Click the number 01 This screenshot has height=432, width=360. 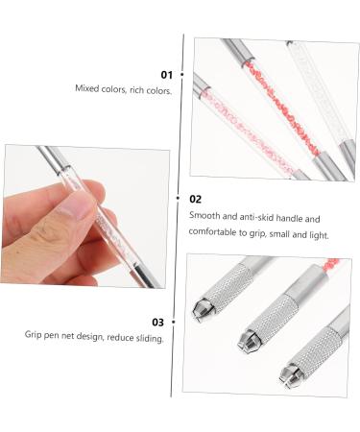point(166,74)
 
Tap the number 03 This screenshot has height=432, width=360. point(158,323)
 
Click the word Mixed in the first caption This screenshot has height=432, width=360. point(87,88)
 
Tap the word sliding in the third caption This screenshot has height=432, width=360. point(147,337)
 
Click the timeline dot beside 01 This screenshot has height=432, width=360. point(181,74)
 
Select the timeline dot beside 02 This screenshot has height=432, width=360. point(181,200)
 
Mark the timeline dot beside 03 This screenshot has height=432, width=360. point(181,323)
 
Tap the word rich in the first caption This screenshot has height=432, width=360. point(133,88)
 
